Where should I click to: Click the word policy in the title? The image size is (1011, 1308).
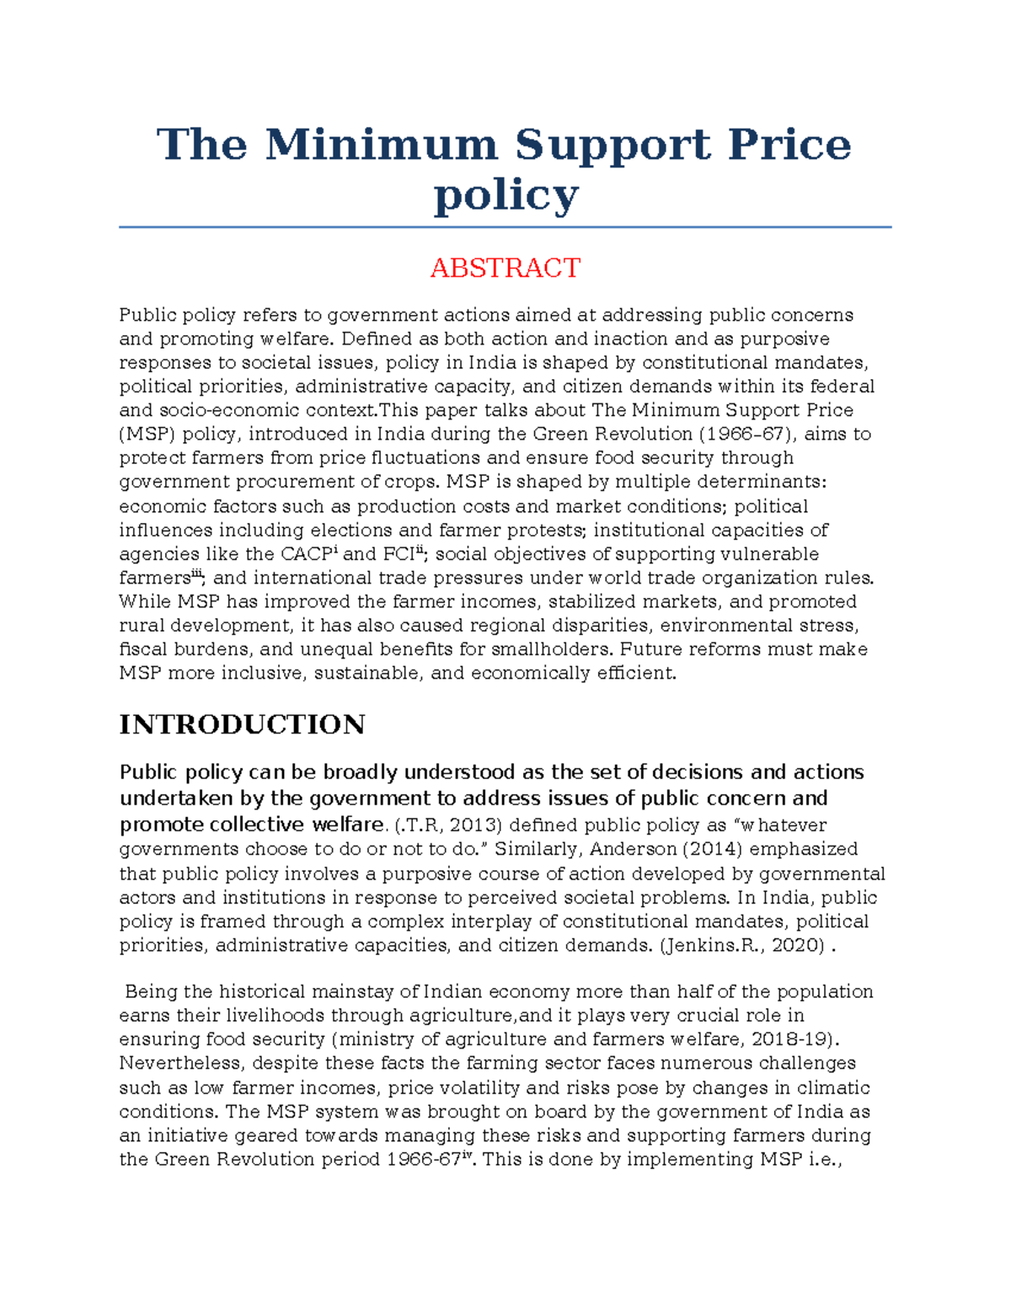point(505,195)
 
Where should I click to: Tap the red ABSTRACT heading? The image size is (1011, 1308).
point(505,268)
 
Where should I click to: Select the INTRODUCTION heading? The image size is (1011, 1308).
point(242,724)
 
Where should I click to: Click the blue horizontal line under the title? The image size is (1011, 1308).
point(505,227)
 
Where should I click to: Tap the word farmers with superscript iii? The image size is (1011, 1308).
point(157,579)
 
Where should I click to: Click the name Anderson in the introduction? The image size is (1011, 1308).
point(633,849)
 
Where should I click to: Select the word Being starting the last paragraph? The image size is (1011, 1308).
point(152,991)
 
